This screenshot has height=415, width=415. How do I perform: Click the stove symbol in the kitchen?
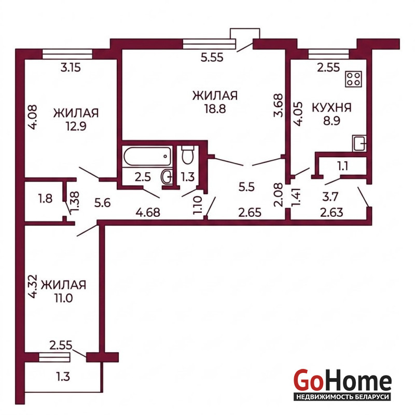353,79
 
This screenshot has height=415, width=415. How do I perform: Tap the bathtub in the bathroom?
147,157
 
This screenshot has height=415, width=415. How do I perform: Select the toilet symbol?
188,155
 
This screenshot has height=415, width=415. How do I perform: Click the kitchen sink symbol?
359,143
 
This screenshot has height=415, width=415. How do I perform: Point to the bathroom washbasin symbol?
167,176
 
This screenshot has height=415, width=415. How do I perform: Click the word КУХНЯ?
332,108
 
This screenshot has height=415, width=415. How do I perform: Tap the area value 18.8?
215,108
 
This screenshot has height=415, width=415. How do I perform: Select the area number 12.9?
76,126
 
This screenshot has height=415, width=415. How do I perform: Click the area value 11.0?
63,298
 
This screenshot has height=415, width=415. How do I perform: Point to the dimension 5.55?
212,57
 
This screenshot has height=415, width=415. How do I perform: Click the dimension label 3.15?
71,68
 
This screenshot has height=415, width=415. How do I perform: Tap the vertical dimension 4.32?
33,286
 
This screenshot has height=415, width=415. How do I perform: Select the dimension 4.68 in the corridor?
148,212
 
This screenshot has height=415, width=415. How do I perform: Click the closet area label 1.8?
46,199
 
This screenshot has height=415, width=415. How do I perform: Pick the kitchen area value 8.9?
331,121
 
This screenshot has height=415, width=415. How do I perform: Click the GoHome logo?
342,384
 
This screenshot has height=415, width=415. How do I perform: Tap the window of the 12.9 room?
67,54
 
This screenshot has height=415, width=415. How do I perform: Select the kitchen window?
329,54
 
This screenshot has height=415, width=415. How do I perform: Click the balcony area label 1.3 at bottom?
63,377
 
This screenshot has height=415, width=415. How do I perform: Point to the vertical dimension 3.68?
279,105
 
